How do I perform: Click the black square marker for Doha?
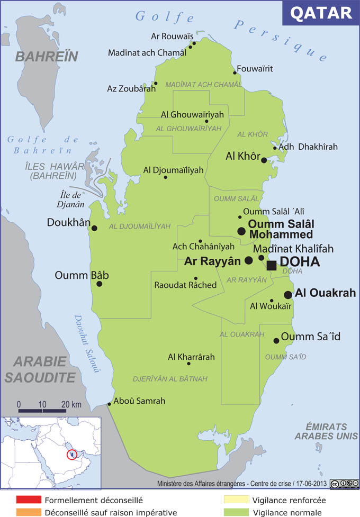click(272, 266)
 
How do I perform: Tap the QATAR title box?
click(321, 13)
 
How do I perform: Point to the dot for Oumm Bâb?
click(99, 284)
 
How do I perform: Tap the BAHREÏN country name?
click(47, 57)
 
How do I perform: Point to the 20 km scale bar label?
click(71, 405)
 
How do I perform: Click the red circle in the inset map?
click(71, 454)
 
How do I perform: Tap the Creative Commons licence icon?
click(341, 484)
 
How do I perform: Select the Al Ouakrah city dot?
click(288, 295)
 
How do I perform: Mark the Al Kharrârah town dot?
click(188, 364)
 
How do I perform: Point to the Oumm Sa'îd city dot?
click(276, 341)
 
